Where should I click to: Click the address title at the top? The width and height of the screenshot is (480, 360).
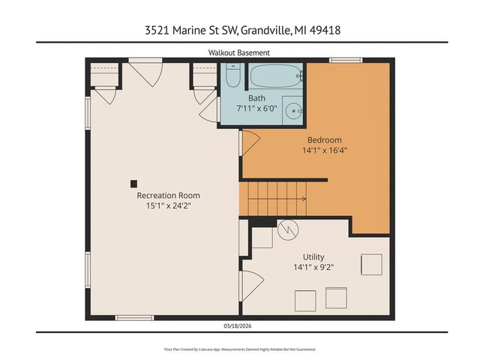pyautogui.click(x=239, y=31)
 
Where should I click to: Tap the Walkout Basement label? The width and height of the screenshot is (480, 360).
pyautogui.click(x=239, y=52)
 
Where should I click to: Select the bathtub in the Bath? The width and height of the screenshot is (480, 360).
pyautogui.click(x=275, y=77)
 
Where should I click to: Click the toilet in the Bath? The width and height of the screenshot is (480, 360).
pyautogui.click(x=232, y=77)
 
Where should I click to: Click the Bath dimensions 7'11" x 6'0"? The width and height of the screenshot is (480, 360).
pyautogui.click(x=256, y=108)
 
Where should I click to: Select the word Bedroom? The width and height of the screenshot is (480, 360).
pyautogui.click(x=325, y=139)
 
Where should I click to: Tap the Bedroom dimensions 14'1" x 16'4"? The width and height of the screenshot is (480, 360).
pyautogui.click(x=325, y=149)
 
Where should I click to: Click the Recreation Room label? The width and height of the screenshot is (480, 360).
pyautogui.click(x=168, y=195)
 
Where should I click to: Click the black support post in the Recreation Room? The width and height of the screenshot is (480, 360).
pyautogui.click(x=133, y=182)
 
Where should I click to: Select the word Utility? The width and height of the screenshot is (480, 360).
pyautogui.click(x=313, y=256)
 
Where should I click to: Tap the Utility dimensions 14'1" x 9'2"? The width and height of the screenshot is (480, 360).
pyautogui.click(x=313, y=266)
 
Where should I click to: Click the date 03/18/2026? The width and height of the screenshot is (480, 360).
pyautogui.click(x=239, y=325)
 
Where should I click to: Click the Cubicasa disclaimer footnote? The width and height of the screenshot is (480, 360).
pyautogui.click(x=239, y=349)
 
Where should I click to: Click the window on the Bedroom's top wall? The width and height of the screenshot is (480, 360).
pyautogui.click(x=346, y=61)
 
